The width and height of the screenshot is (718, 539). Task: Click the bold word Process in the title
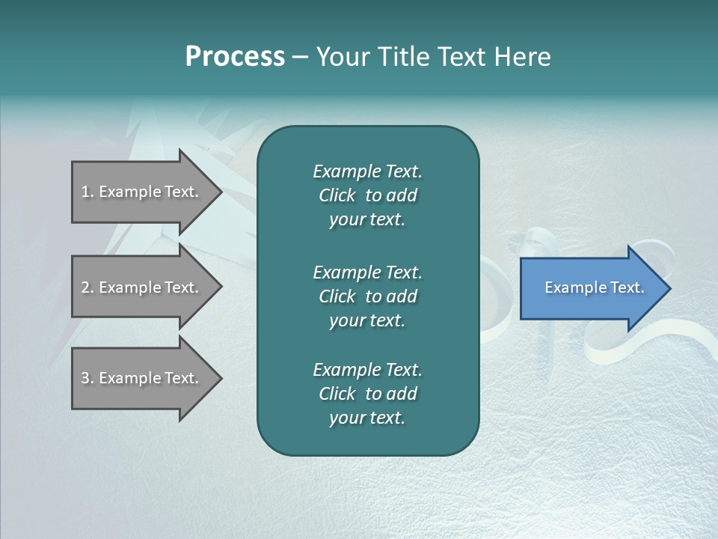point(235,57)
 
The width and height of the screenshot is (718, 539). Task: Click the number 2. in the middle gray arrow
point(88,287)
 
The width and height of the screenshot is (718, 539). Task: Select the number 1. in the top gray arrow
point(88,192)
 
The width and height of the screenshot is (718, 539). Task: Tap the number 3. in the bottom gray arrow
point(88,378)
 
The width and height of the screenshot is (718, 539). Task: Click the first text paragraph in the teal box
point(367,195)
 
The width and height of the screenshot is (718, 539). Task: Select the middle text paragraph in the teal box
point(367,296)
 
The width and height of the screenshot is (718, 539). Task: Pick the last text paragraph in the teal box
point(367,394)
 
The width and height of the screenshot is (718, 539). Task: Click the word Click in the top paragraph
point(337,195)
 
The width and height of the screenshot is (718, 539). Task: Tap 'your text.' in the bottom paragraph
point(367,418)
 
